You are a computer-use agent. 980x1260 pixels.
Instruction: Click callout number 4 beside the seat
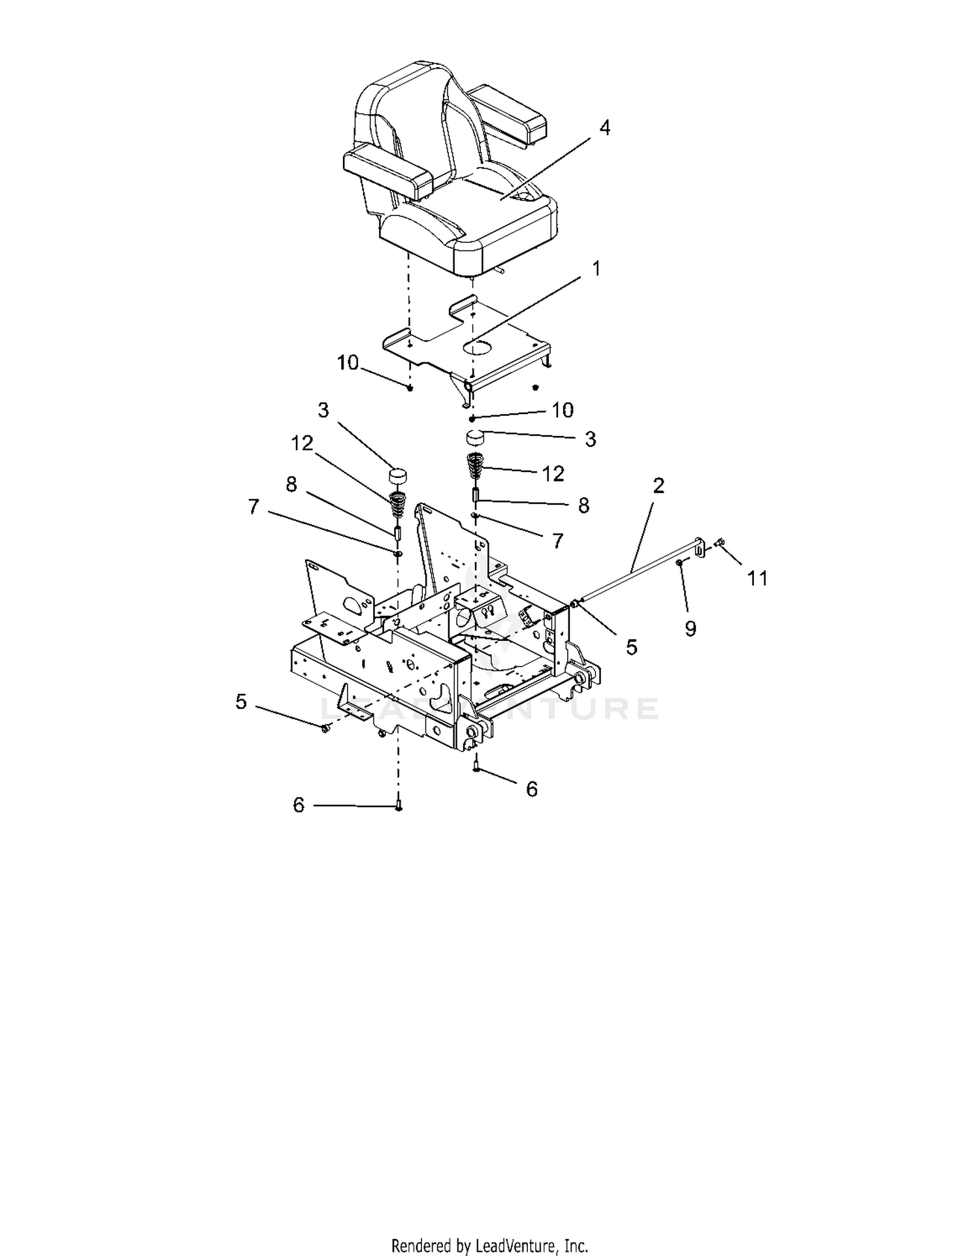(604, 128)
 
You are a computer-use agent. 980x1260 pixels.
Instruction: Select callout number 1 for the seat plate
(595, 269)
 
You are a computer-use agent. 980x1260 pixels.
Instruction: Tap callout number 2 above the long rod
(659, 486)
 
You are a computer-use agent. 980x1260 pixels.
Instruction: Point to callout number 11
(757, 578)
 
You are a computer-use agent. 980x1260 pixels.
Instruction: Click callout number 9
(691, 628)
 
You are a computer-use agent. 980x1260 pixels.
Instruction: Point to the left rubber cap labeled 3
(396, 475)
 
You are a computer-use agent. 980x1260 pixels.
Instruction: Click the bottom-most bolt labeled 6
(399, 803)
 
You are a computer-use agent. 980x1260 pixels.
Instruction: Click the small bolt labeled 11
(719, 542)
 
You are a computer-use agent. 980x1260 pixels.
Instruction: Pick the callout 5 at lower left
(241, 702)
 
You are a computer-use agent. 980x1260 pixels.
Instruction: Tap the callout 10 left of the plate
(348, 362)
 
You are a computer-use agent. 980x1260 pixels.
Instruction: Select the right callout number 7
(557, 541)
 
